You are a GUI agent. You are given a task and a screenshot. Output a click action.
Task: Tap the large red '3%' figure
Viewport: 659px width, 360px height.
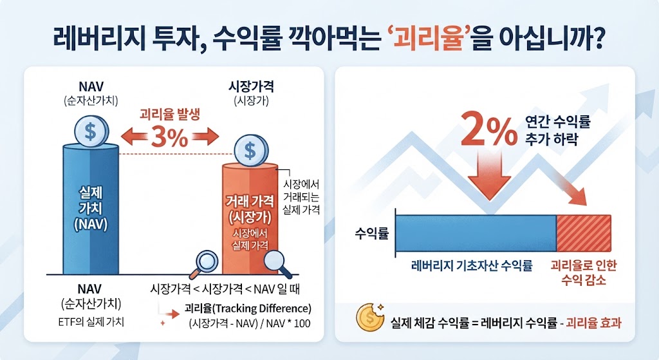[x=169, y=137]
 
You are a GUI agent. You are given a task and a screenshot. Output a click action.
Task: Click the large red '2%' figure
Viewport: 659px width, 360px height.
[x=488, y=129]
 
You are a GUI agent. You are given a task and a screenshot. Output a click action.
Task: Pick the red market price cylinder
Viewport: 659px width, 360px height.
[x=250, y=219]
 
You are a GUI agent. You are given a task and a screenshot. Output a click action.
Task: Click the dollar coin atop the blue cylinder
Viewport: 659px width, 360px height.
[x=91, y=131]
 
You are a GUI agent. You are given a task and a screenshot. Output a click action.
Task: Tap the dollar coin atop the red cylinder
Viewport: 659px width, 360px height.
[x=250, y=150]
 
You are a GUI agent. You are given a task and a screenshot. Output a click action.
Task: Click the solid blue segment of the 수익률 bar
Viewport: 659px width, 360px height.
[x=476, y=233]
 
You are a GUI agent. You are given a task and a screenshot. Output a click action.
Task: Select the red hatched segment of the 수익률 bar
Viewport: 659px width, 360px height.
[x=584, y=233]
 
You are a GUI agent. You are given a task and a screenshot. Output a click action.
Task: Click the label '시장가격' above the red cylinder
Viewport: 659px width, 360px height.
[x=251, y=87]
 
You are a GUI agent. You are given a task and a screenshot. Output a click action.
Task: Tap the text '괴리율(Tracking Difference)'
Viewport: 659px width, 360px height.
[x=248, y=308]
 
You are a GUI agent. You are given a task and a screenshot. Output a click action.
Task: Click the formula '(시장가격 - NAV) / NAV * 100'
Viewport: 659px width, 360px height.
[x=250, y=323]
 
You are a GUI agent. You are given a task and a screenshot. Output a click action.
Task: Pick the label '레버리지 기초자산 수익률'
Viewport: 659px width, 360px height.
[x=472, y=266]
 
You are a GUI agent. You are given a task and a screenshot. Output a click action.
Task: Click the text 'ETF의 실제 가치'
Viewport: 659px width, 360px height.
[x=91, y=322]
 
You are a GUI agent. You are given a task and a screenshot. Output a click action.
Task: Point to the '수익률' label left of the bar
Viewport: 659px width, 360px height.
[x=372, y=233]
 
